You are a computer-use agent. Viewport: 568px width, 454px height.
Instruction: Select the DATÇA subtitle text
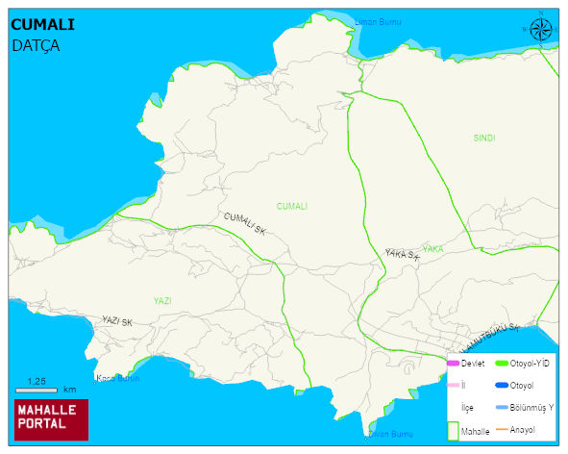pyautogui.click(x=36, y=44)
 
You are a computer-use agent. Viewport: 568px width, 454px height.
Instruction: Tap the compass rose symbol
pyautogui.click(x=541, y=30)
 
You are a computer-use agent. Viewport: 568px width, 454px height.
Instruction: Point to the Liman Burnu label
pyautogui.click(x=378, y=21)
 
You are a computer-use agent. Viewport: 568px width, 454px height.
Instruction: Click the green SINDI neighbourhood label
pyautogui.click(x=484, y=139)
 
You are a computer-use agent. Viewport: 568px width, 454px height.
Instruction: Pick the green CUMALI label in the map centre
pyautogui.click(x=291, y=206)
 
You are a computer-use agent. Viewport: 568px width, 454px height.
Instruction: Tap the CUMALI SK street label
pyautogui.click(x=244, y=224)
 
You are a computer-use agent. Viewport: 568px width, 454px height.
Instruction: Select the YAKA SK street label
pyautogui.click(x=402, y=254)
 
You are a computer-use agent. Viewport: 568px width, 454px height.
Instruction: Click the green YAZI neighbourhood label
pyautogui.click(x=162, y=301)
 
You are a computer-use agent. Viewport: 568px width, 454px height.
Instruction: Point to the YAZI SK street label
pyautogui.click(x=116, y=321)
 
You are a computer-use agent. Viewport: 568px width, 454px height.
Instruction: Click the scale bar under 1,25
pyautogui.click(x=36, y=390)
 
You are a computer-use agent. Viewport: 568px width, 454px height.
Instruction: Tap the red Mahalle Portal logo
pyautogui.click(x=51, y=419)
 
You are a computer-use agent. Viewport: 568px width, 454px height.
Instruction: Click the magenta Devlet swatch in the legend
pyautogui.click(x=453, y=363)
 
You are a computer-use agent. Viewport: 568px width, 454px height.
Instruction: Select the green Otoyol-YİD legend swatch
pyautogui.click(x=501, y=363)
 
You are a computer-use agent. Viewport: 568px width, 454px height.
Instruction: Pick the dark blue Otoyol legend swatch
pyautogui.click(x=501, y=386)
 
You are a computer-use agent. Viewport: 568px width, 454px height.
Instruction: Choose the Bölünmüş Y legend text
pyautogui.click(x=531, y=408)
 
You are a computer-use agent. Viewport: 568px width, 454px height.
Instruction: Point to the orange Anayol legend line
pyautogui.click(x=501, y=429)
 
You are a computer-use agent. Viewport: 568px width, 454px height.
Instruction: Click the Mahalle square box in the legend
pyautogui.click(x=453, y=430)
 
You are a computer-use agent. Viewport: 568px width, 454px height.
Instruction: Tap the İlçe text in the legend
pyautogui.click(x=468, y=408)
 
